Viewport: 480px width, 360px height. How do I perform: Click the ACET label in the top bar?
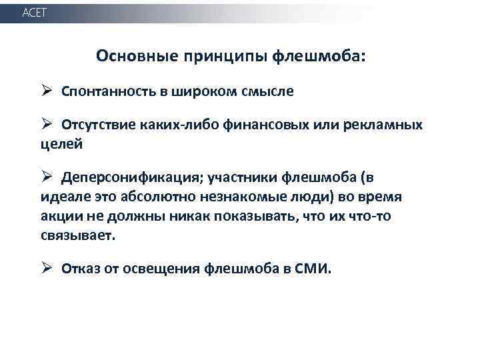(34, 13)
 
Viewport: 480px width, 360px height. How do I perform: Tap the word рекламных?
(406, 125)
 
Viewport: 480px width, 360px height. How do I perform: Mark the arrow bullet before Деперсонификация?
(47, 177)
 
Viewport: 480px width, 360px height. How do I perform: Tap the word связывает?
(77, 236)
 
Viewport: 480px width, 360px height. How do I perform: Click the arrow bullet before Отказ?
(47, 268)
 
